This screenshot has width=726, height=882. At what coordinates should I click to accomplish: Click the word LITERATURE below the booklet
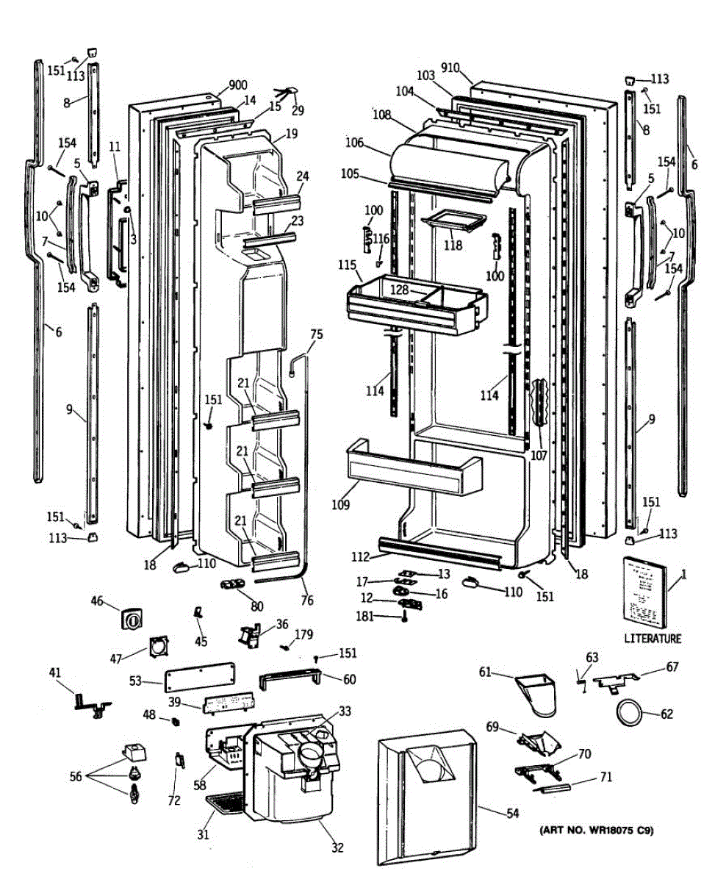click(653, 639)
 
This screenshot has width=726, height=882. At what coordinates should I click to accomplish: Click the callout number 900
click(237, 85)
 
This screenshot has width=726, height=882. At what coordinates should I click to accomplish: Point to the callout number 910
click(450, 68)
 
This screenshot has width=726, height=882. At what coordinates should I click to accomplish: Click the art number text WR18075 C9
click(596, 831)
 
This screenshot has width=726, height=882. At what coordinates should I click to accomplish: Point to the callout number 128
click(399, 290)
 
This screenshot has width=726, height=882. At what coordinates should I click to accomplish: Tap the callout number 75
click(316, 334)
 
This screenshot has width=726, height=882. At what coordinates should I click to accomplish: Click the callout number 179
click(303, 634)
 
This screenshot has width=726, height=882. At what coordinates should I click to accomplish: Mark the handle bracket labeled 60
click(290, 678)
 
